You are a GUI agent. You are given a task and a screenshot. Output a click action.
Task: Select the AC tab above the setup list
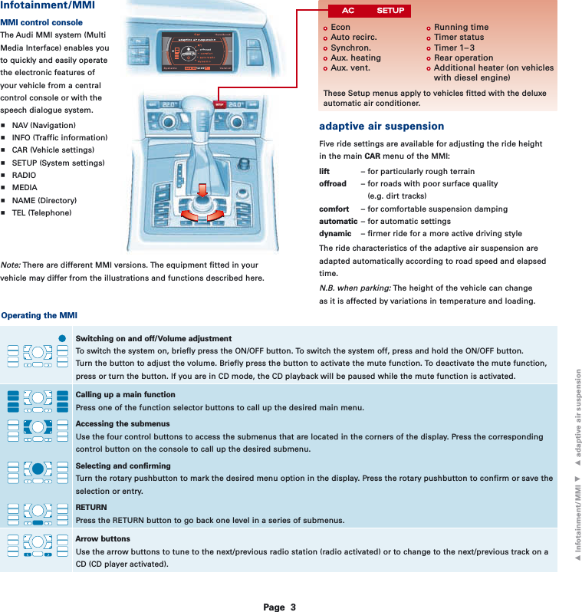pyautogui.click(x=347, y=11)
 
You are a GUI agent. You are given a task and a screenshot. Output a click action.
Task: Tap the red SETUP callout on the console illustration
pyautogui.click(x=219, y=105)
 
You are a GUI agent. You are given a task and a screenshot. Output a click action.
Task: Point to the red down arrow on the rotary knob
pyautogui.click(x=202, y=192)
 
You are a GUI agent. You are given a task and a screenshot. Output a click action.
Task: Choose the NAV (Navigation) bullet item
pyautogui.click(x=44, y=125)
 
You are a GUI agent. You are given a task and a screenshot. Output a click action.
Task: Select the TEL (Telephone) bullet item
pyautogui.click(x=42, y=212)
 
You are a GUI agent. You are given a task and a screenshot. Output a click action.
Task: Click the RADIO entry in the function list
pyautogui.click(x=24, y=175)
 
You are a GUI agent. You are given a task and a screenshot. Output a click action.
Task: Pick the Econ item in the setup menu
pyautogui.click(x=340, y=27)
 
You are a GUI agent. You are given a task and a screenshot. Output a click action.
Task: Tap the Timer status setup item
pyautogui.click(x=459, y=37)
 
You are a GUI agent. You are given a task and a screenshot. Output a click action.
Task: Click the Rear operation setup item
pyautogui.click(x=463, y=58)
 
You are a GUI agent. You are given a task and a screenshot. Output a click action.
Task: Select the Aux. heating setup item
pyautogui.click(x=355, y=58)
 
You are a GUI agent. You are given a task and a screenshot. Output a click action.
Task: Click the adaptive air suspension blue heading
pyautogui.click(x=381, y=126)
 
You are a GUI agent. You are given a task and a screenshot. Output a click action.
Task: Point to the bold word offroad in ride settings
pyautogui.click(x=332, y=184)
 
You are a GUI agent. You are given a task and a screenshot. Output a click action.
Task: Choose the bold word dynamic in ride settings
pyautogui.click(x=335, y=233)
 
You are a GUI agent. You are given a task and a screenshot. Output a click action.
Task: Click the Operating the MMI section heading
pyautogui.click(x=39, y=315)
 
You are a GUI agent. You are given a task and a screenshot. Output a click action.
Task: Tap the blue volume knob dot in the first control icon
pyautogui.click(x=63, y=337)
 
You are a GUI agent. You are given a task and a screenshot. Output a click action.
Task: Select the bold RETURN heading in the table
pyautogui.click(x=91, y=507)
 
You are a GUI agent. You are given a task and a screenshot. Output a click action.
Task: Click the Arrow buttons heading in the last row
pyautogui.click(x=103, y=538)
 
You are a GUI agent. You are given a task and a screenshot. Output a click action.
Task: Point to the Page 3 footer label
pyautogui.click(x=279, y=607)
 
